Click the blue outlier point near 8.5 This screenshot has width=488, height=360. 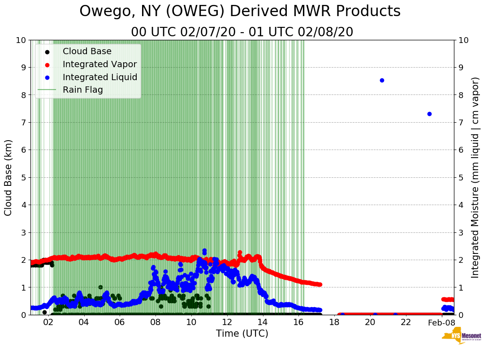[x=382, y=81]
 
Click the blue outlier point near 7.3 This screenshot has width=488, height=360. [x=429, y=114]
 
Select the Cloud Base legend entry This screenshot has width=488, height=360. [x=87, y=51]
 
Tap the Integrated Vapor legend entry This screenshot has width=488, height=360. [x=99, y=64]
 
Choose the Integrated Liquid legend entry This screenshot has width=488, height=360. [x=100, y=77]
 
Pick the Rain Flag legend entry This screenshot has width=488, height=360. [x=83, y=90]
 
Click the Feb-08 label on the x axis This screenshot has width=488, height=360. [x=441, y=322]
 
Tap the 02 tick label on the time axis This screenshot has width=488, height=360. [x=48, y=322]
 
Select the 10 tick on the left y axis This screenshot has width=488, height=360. [x=21, y=40]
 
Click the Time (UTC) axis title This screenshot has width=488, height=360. [x=242, y=334]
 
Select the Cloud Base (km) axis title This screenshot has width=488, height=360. [x=9, y=177]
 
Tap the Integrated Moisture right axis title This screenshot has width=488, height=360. [x=475, y=177]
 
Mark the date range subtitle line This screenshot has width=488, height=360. [x=242, y=32]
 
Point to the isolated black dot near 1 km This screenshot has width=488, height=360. [x=100, y=287]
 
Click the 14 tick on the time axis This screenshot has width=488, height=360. [x=263, y=322]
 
